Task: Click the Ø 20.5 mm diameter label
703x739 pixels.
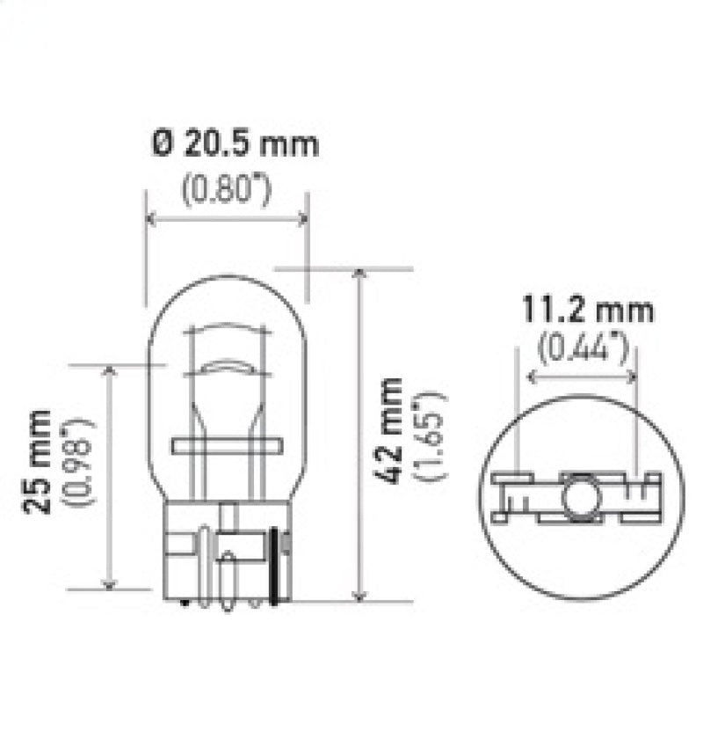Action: [x=235, y=144]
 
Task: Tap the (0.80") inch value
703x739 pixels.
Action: [x=226, y=191]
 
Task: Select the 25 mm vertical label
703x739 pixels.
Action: [x=38, y=462]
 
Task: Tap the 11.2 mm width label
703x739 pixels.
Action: [x=588, y=311]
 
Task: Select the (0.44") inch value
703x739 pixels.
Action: [x=583, y=349]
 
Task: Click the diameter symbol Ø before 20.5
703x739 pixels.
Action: [x=161, y=144]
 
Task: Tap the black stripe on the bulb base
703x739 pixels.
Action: [x=281, y=566]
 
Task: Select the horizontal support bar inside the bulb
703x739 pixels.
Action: [x=226, y=446]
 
